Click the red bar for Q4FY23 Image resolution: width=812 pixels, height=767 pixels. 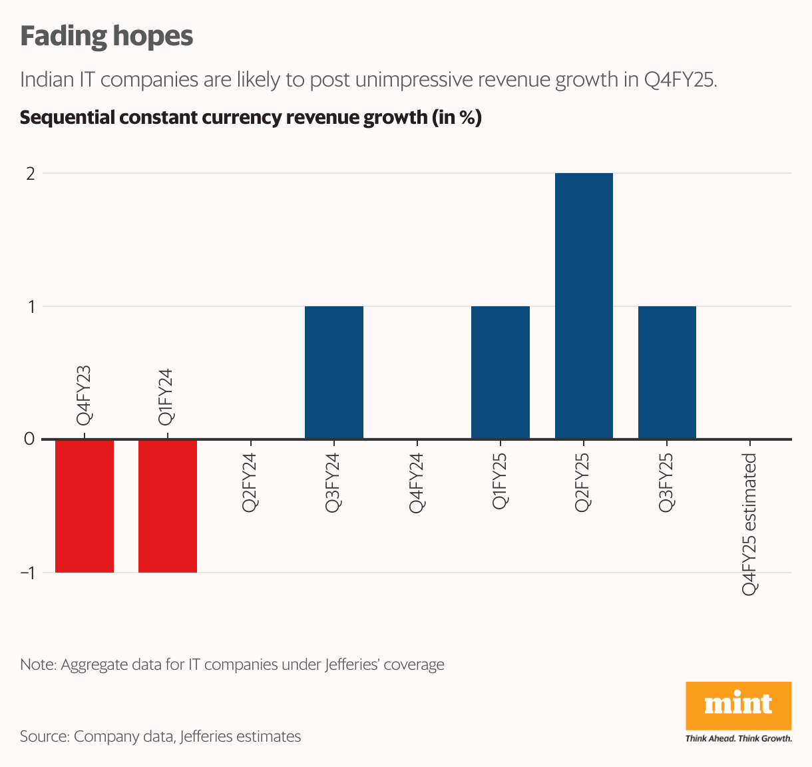[85, 505]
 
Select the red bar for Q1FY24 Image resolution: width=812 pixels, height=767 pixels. [168, 505]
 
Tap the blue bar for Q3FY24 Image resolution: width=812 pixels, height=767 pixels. [334, 372]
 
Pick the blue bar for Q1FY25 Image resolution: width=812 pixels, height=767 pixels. [501, 372]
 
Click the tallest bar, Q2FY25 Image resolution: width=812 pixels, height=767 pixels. [584, 306]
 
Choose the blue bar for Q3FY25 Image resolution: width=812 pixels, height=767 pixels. [667, 372]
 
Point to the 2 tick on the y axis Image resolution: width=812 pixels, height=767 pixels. [29, 173]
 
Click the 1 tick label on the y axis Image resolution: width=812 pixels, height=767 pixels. [30, 306]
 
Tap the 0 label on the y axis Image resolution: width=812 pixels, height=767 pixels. [29, 439]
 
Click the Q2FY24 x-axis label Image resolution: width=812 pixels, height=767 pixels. [250, 483]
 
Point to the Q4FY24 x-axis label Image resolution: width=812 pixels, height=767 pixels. [417, 483]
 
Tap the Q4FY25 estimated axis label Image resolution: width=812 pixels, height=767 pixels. [750, 524]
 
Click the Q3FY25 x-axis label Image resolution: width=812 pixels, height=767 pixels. [666, 483]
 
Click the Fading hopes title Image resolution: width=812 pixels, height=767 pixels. [106, 37]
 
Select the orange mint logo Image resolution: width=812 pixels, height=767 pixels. [738, 705]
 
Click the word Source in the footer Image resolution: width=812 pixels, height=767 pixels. [44, 736]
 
